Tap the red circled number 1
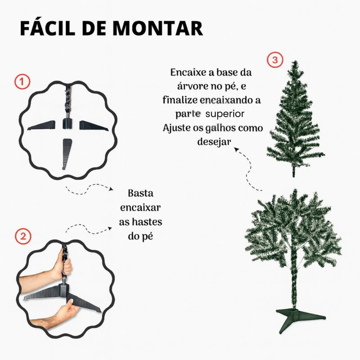click(22, 81)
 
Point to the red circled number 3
click(275, 60)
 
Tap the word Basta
click(140, 193)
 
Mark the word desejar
click(214, 142)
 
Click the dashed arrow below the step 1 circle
click(88, 189)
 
